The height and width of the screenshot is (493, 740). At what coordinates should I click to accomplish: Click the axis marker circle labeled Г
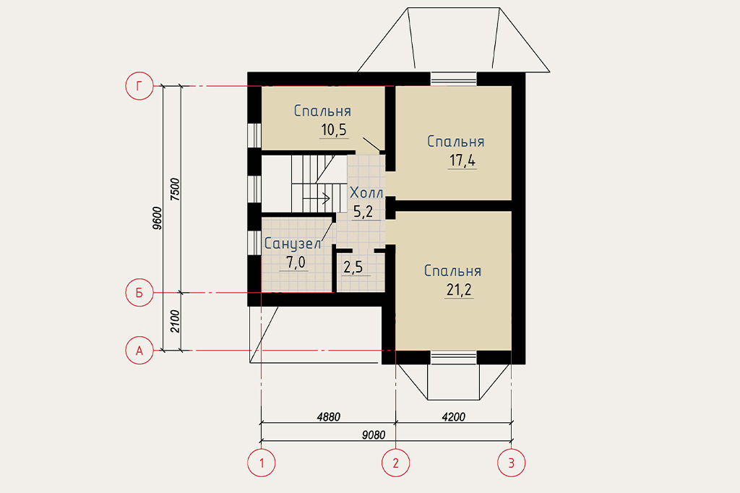[x=139, y=86]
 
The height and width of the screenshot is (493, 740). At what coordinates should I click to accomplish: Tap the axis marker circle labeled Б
[x=139, y=293]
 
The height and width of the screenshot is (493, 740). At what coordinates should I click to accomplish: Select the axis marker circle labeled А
[x=139, y=351]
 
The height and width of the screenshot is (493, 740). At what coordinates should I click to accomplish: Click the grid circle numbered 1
[x=262, y=463]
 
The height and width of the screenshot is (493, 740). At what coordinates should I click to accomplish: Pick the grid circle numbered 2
[x=395, y=463]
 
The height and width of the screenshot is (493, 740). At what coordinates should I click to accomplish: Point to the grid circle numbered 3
[x=511, y=463]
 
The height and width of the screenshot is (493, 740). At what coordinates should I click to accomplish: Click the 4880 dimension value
[x=329, y=417]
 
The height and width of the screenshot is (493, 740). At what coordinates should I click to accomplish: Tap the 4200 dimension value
[x=454, y=417]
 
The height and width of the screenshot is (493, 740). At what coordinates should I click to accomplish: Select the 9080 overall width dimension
[x=374, y=435]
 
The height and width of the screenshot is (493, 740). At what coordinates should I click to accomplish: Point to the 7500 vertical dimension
[x=175, y=189]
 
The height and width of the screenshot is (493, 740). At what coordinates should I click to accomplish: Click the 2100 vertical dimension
[x=175, y=321]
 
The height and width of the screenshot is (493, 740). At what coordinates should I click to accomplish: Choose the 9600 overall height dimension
[x=157, y=218]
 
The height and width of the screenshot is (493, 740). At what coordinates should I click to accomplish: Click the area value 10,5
[x=334, y=129]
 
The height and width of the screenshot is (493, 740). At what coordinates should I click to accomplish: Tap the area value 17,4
[x=462, y=160]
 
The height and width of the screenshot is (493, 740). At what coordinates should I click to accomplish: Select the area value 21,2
[x=459, y=289]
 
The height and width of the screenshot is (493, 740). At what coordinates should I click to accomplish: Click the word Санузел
[x=293, y=244]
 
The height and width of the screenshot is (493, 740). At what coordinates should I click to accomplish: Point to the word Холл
[x=366, y=193]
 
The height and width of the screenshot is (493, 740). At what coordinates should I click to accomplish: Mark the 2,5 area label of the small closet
[x=353, y=267]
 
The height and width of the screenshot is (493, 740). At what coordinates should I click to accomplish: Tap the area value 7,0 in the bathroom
[x=296, y=262]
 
